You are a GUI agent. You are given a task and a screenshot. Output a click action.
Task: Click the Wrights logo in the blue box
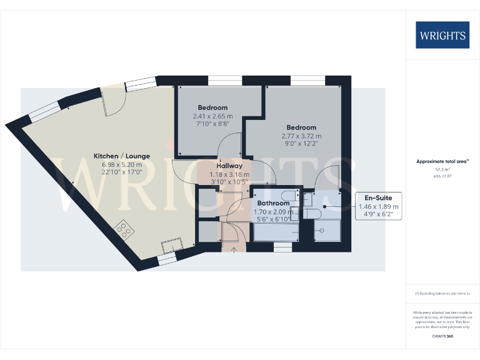(442, 35)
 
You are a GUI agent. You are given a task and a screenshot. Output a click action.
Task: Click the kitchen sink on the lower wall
(171, 244)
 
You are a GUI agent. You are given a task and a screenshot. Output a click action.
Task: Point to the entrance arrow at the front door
(234, 251)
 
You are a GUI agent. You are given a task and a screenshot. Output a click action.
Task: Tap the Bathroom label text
(273, 203)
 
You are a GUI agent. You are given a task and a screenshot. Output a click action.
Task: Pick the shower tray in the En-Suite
(327, 231)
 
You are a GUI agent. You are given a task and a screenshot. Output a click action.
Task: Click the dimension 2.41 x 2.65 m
(212, 116)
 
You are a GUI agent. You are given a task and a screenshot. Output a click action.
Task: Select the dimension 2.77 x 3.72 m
(301, 136)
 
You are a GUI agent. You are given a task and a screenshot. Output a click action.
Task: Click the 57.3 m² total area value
(442, 169)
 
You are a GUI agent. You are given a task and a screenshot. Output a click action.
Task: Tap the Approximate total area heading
(442, 161)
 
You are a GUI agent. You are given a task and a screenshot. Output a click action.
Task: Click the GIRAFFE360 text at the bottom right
(442, 336)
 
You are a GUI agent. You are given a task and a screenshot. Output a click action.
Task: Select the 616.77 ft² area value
(442, 177)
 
